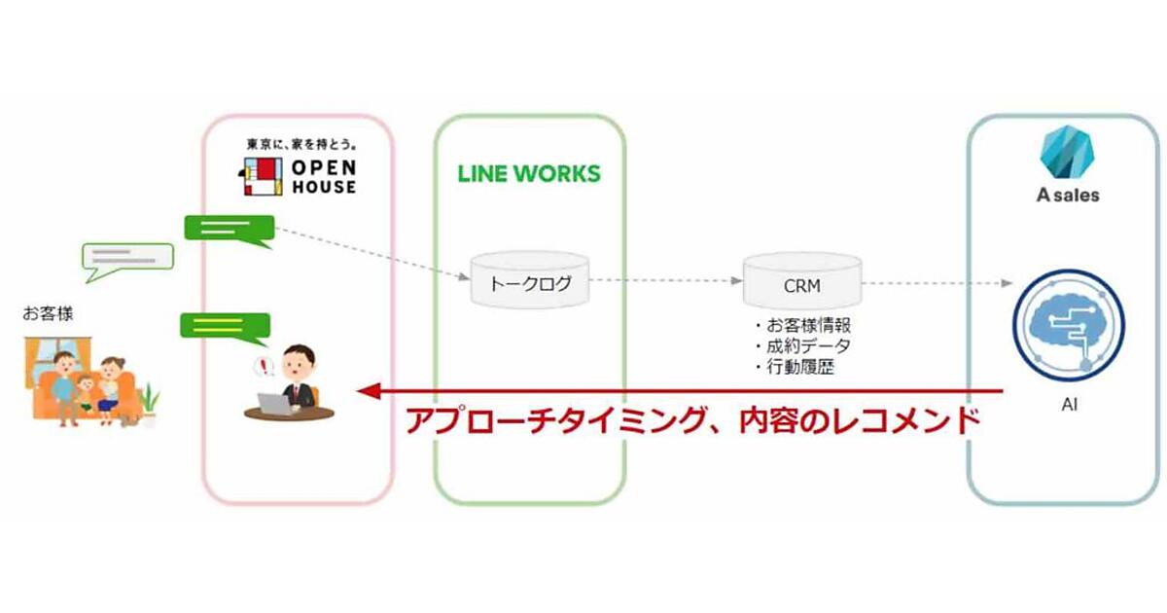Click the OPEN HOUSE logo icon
tap(260, 176)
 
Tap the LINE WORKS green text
tap(529, 174)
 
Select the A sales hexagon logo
tap(1066, 151)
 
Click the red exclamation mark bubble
tap(262, 367)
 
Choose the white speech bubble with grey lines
tap(126, 258)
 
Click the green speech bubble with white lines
tap(230, 230)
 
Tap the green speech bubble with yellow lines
tap(225, 326)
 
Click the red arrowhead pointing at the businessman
tap(368, 392)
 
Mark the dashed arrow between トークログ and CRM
tap(665, 280)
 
